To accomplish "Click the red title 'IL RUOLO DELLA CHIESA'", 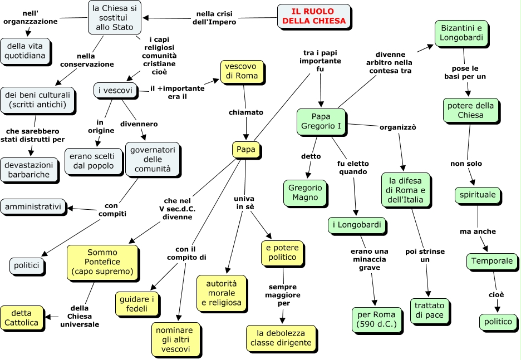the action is pyautogui.click(x=314, y=16).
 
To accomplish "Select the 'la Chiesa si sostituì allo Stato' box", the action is pyautogui.click(x=114, y=18).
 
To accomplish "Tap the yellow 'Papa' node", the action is pyautogui.click(x=246, y=150).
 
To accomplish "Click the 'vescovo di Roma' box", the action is pyautogui.click(x=242, y=71).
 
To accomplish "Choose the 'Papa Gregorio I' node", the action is pyautogui.click(x=321, y=121).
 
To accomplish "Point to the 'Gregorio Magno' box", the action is pyautogui.click(x=305, y=193).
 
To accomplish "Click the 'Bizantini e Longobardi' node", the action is pyautogui.click(x=461, y=33).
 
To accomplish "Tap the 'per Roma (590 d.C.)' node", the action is pyautogui.click(x=376, y=319).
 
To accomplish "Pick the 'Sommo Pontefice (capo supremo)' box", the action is pyautogui.click(x=102, y=262).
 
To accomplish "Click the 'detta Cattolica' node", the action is pyautogui.click(x=22, y=318).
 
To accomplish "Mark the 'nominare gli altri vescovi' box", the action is pyautogui.click(x=175, y=339).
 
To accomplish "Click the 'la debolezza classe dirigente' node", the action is pyautogui.click(x=281, y=338).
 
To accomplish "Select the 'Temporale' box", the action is pyautogui.click(x=491, y=261).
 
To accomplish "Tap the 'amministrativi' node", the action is pyautogui.click(x=33, y=207).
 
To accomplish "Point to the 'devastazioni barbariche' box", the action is pyautogui.click(x=29, y=170).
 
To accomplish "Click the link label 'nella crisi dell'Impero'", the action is pyautogui.click(x=214, y=18).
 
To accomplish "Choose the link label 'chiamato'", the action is pyautogui.click(x=246, y=112).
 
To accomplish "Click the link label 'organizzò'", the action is pyautogui.click(x=398, y=127).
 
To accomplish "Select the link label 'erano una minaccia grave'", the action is pyautogui.click(x=370, y=259).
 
